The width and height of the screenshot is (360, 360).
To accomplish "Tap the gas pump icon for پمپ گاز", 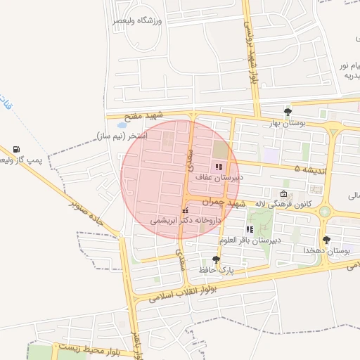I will [x=16, y=149].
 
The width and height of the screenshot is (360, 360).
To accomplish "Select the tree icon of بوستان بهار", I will [x=287, y=112].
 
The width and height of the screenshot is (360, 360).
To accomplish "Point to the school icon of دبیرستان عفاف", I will [x=218, y=167].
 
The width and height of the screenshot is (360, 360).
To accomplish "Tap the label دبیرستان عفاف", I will [x=219, y=179].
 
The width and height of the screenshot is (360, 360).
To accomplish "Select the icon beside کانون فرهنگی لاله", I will [x=283, y=194].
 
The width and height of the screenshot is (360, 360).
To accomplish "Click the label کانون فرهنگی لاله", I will [x=280, y=204].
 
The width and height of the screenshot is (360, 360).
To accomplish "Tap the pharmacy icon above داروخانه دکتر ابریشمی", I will [x=185, y=210].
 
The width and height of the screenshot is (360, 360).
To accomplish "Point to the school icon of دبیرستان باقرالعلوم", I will [x=250, y=229].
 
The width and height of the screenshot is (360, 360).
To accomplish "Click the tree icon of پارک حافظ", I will [x=216, y=259].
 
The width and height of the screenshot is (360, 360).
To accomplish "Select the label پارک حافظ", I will [x=215, y=269].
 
